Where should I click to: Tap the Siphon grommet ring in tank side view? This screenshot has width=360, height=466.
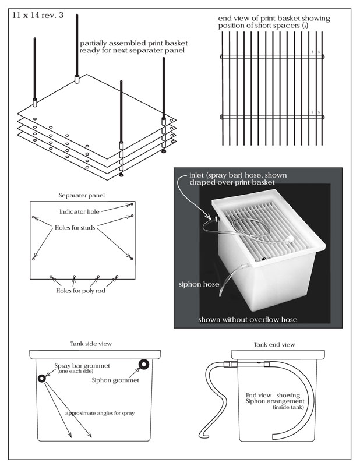tap(142, 365)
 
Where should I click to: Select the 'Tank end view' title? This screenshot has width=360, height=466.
tap(274, 344)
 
